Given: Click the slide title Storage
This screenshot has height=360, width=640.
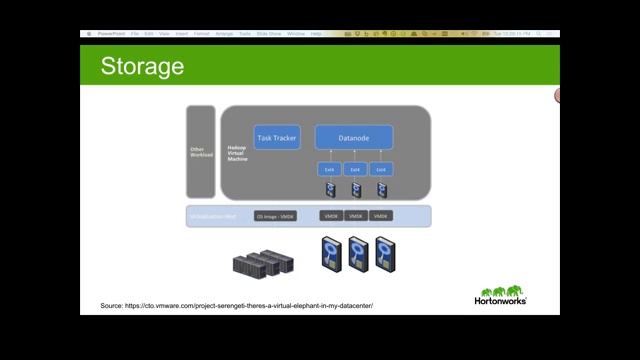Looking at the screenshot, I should pos(142,67).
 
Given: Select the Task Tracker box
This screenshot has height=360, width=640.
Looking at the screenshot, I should pos(277,138).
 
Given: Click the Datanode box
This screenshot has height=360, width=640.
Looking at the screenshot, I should pos(354,138).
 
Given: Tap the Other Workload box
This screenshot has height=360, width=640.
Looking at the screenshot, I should pos(201,153).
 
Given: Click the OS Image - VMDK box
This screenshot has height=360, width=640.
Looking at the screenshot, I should pos(276,216).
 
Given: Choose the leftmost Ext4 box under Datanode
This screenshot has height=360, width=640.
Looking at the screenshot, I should pos(329,169).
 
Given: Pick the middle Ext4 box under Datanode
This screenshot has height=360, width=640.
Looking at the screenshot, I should pos(355,169).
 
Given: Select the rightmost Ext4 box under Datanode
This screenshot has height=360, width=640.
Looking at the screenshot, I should pos(381,169).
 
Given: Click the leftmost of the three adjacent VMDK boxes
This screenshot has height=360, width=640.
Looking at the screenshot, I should pos(331,216).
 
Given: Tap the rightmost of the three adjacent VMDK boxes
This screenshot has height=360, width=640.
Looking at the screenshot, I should pos(381,216).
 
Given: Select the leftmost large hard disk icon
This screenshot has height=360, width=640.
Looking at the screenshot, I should pos(331,255).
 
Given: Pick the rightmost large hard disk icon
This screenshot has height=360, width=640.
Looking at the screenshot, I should pos(385,255).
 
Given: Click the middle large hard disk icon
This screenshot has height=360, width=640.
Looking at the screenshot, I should pos(358,255).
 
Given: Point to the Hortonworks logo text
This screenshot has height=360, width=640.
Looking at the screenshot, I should pos(500,299).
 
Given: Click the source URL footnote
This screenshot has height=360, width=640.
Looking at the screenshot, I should pos(236,305).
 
